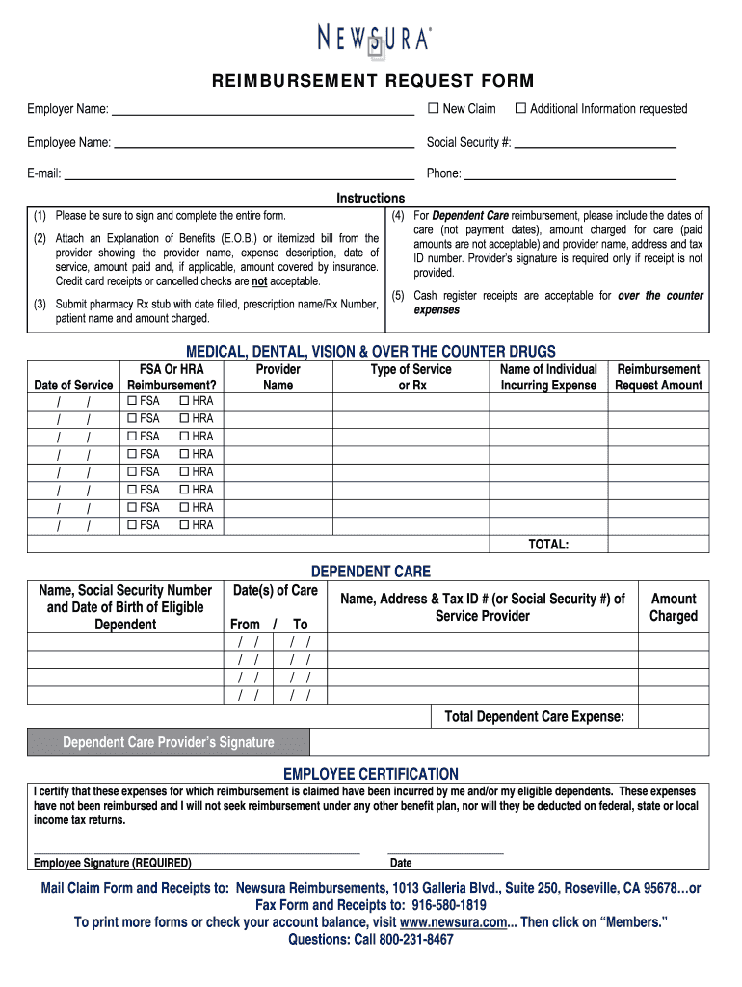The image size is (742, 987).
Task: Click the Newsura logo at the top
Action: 375,39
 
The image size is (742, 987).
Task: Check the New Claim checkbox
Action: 433,109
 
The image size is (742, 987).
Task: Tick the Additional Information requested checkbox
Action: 520,109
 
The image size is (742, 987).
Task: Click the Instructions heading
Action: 370,198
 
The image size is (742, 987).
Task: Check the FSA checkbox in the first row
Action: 133,401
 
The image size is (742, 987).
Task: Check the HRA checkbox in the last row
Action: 185,525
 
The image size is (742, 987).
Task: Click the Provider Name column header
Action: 278,377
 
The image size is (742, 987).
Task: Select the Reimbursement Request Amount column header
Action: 658,377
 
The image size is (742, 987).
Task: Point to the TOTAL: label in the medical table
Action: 547,545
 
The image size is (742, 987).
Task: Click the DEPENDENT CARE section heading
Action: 370,572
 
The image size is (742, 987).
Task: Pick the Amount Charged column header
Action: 673,607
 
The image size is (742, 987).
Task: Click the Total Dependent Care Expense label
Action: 534,716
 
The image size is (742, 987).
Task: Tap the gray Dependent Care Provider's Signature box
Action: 169,742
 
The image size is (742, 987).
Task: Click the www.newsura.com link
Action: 453,922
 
